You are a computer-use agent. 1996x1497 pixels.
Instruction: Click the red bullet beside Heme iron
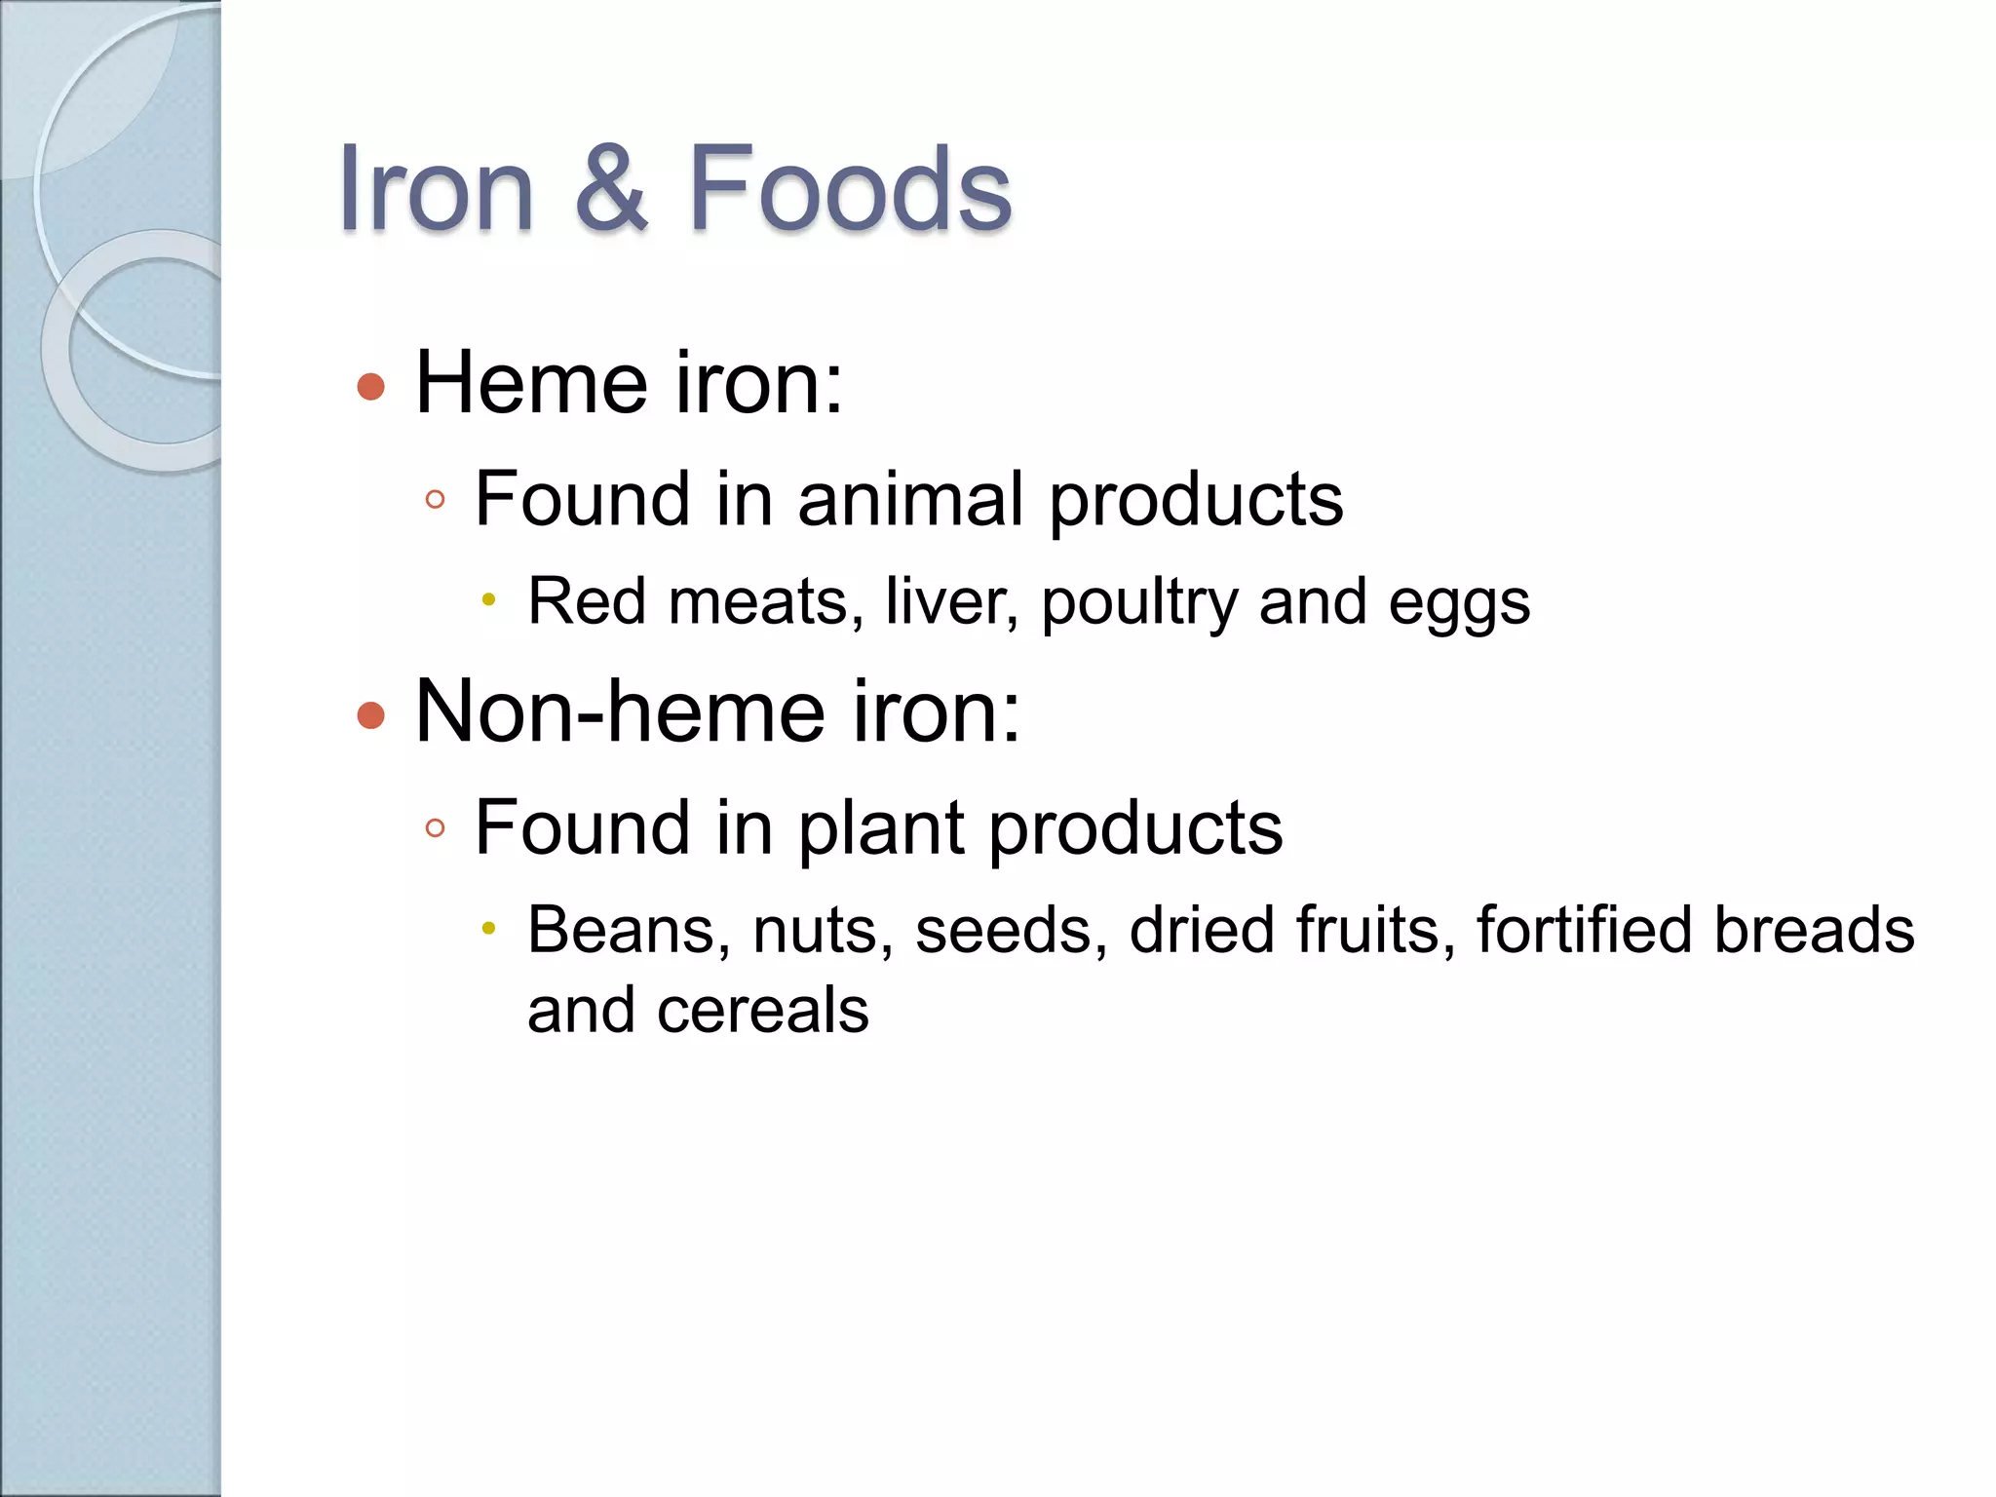[x=371, y=387]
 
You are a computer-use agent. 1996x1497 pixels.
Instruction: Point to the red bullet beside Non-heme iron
[x=371, y=716]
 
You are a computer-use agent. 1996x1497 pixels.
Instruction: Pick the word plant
[x=881, y=828]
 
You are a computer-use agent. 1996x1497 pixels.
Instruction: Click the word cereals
[x=763, y=1010]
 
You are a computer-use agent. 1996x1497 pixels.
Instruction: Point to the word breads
[x=1814, y=930]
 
